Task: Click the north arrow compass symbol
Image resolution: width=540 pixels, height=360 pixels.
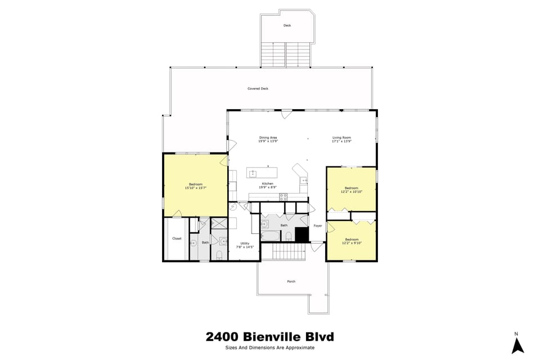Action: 517,345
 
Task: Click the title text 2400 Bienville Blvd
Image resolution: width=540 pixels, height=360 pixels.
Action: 269,337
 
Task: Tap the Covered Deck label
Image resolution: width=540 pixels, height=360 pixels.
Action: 258,88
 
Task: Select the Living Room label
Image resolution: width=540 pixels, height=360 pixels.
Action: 341,138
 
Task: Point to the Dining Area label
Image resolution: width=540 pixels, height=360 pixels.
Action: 268,138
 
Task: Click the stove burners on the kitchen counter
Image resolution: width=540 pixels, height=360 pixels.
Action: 283,196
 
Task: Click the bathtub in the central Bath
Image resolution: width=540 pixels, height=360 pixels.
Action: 269,235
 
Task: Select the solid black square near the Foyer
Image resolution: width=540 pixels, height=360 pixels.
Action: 302,235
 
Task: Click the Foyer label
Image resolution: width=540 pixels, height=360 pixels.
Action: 318,226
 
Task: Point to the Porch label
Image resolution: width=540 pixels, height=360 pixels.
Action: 291,281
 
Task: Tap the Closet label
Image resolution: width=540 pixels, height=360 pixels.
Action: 177,238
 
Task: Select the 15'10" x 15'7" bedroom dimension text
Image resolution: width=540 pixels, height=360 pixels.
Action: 195,188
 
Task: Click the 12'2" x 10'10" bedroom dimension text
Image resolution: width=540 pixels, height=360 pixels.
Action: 352,192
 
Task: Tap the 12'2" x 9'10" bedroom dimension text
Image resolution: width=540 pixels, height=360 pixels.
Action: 352,243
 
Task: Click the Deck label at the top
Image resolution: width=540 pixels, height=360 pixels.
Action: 287,25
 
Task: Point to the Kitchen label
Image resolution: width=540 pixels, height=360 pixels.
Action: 267,184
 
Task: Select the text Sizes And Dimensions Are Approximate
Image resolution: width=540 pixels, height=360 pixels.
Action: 269,348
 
